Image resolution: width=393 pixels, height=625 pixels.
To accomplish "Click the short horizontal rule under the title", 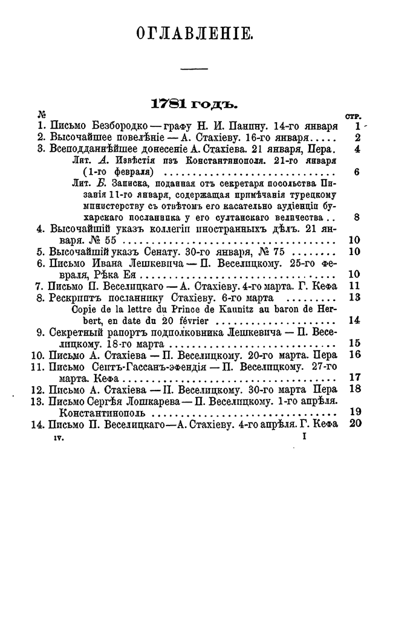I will tap(195, 67).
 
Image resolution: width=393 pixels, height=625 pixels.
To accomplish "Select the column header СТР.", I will tap(353, 116).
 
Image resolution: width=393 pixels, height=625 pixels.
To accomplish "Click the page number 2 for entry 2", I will tap(357, 137).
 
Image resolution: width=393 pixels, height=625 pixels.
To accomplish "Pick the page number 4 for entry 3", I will tap(358, 148).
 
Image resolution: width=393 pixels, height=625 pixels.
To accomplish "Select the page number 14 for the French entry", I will tap(355, 320).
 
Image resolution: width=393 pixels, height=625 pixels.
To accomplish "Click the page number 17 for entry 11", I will tap(355, 378).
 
